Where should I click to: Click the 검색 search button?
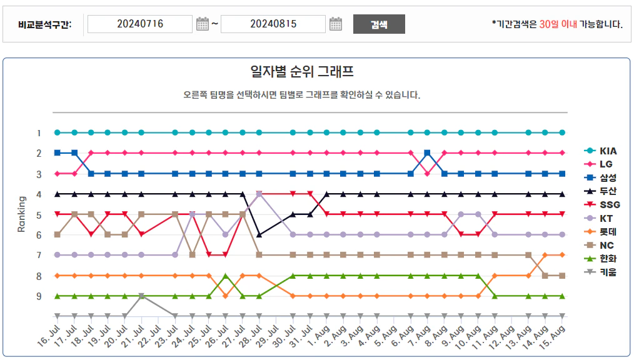(x=379, y=24)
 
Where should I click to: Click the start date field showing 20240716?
(x=140, y=24)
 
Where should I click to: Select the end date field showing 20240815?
(x=273, y=24)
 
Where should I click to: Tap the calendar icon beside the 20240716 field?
(x=202, y=24)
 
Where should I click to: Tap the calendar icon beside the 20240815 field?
(x=336, y=24)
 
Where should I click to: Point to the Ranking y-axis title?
(x=21, y=214)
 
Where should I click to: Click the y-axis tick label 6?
(x=39, y=235)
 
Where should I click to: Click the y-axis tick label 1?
(x=39, y=133)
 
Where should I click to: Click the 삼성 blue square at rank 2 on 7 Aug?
(x=427, y=152)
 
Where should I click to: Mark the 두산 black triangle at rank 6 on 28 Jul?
(x=259, y=234)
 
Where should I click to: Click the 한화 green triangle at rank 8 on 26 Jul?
(x=226, y=276)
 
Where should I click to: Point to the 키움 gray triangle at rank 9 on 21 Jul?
(x=141, y=296)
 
